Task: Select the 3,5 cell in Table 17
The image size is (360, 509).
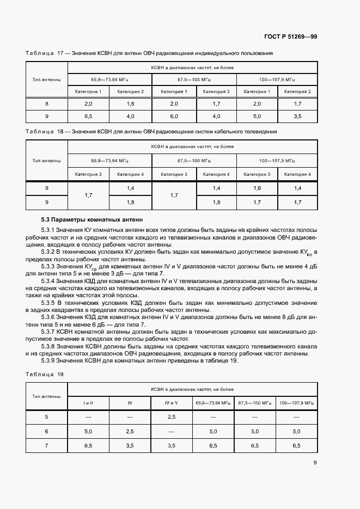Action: [x=297, y=116]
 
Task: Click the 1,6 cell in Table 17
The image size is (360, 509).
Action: [x=131, y=103]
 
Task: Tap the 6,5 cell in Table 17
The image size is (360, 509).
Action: [x=88, y=116]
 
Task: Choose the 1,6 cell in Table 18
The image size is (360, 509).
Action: [x=257, y=188]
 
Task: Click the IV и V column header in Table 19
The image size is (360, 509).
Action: [x=172, y=402]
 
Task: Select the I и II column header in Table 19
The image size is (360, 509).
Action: [x=88, y=402]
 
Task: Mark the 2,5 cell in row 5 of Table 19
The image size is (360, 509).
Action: [x=172, y=416]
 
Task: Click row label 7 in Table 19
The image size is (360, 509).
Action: [x=46, y=445]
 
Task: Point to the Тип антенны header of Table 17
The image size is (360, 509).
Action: [x=46, y=79]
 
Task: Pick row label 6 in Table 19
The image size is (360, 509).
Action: [x=46, y=431]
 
